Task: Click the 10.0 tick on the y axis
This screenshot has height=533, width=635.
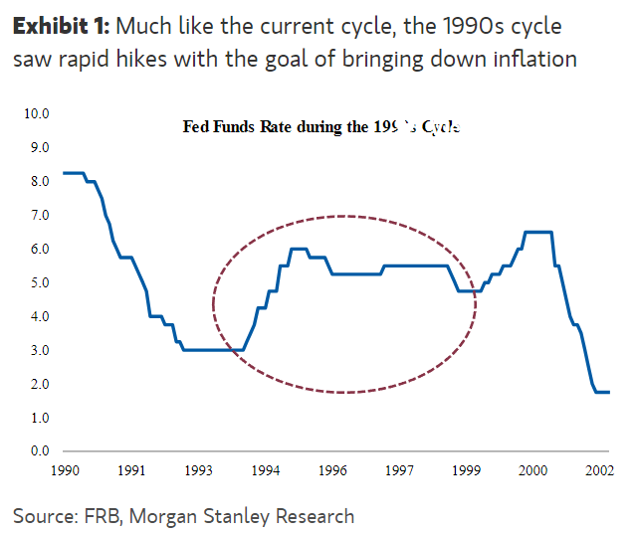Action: point(37,113)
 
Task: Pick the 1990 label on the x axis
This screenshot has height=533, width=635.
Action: point(64,469)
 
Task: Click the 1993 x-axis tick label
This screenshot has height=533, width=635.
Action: point(198,469)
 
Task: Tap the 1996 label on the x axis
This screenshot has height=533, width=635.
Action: point(332,469)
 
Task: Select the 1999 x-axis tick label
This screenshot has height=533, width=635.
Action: point(467,469)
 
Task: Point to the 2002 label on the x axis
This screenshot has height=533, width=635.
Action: point(599,469)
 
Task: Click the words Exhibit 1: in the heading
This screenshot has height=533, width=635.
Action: point(59,25)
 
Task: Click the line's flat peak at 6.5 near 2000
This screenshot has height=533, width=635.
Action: point(537,232)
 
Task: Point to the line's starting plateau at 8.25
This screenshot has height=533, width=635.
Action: point(73,173)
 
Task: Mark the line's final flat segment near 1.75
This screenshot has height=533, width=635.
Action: point(601,392)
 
